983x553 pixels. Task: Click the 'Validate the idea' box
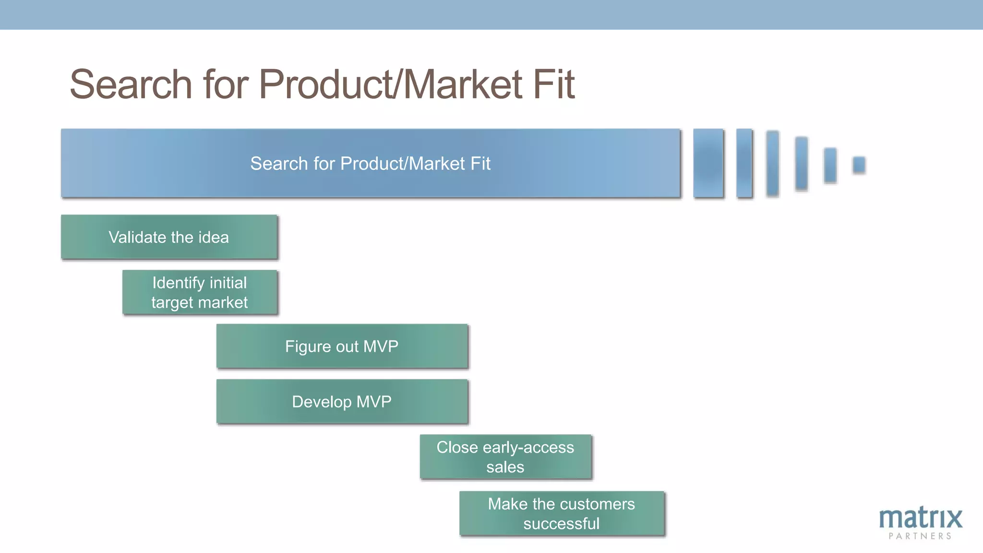169,237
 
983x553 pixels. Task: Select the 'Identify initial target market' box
200,292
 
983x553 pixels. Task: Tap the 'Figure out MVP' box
342,346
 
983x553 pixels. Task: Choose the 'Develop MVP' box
342,401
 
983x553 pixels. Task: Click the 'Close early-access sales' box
505,457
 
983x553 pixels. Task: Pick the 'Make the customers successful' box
562,513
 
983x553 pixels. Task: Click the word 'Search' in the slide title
131,84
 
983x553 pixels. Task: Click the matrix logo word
920,518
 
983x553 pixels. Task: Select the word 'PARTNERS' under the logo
920,536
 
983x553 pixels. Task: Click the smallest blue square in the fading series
859,165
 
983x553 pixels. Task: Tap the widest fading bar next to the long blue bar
708,163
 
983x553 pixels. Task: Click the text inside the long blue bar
370,164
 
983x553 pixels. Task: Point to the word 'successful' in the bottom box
561,524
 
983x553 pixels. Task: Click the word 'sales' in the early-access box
505,467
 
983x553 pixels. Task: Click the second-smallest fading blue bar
830,165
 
